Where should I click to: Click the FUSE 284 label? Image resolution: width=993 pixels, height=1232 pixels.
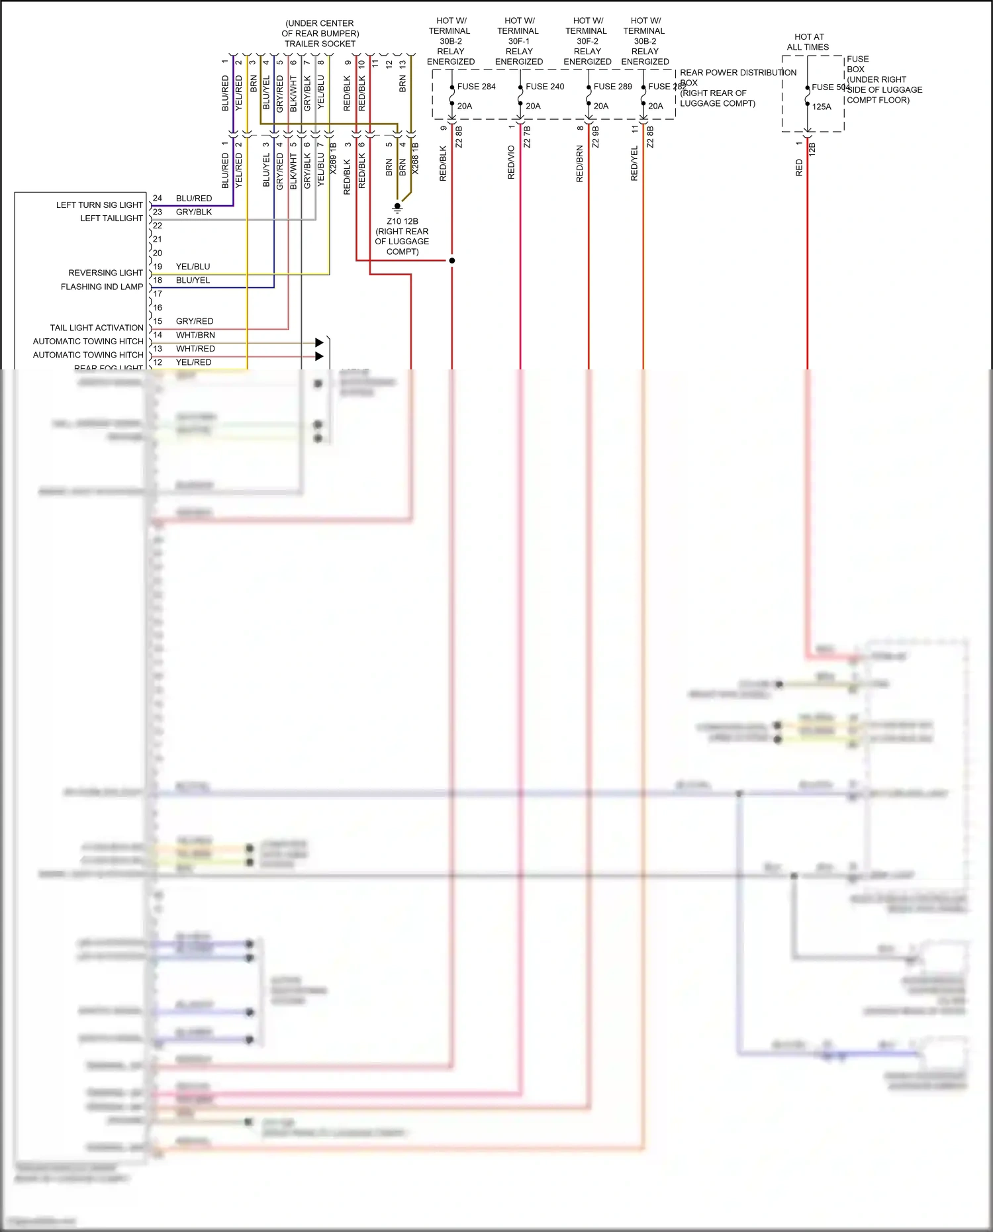476,87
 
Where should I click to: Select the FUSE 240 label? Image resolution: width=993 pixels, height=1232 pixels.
545,87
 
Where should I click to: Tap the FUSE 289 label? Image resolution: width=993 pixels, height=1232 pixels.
612,87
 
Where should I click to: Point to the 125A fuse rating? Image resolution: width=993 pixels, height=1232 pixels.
822,107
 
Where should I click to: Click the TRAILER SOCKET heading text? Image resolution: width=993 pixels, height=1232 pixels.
320,44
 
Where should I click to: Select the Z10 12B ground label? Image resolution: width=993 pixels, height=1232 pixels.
402,222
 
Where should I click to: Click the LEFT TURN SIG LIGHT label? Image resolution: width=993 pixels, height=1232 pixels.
99,205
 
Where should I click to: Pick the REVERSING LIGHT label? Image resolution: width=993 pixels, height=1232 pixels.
105,273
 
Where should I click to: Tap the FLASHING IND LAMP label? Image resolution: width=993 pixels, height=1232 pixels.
102,287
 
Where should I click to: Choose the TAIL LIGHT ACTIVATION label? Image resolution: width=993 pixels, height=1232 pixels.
97,328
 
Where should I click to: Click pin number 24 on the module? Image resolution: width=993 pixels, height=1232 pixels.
158,198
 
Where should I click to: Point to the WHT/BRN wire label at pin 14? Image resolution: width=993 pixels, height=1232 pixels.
195,335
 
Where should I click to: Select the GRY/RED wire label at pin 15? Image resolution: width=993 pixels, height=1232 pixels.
195,321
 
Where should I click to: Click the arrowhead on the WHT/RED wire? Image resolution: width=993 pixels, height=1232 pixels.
320,356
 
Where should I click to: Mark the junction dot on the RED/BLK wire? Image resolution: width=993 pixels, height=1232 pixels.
452,261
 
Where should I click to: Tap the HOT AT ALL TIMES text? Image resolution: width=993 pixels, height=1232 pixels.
808,42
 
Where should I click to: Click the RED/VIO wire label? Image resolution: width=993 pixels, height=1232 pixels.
511,162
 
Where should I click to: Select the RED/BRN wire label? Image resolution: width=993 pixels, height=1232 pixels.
580,164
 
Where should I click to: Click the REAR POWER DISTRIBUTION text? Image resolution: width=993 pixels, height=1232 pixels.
738,73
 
